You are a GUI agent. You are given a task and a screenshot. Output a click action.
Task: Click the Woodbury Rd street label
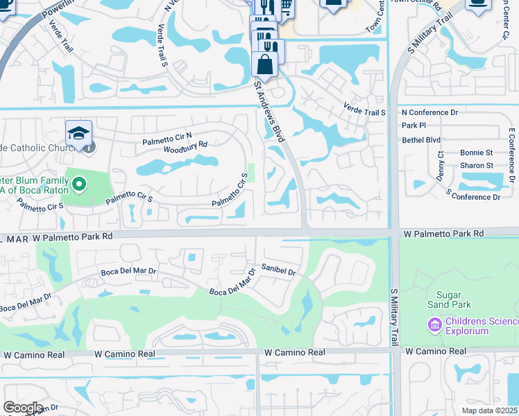[186, 146]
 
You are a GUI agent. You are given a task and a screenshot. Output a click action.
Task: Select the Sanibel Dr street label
[278, 269]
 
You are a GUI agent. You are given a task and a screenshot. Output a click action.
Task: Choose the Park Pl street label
[414, 125]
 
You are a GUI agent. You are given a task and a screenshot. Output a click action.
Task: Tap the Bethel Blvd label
[421, 139]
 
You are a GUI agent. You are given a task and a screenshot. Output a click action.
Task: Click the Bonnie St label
[476, 153]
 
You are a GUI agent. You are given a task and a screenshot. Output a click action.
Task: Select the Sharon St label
[477, 166]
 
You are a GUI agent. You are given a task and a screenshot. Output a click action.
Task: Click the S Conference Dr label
[473, 197]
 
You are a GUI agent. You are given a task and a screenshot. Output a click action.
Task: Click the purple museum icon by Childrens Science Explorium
[435, 324]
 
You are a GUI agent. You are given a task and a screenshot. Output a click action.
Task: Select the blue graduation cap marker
[79, 133]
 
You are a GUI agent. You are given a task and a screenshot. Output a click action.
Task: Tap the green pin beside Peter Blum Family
[79, 184]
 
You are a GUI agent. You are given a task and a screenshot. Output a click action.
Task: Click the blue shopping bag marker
[265, 64]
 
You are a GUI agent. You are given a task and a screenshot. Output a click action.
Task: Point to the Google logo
[23, 408]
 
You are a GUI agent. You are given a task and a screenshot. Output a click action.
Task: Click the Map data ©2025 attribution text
[490, 410]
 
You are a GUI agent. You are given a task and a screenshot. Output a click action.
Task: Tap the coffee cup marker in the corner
[477, 3]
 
